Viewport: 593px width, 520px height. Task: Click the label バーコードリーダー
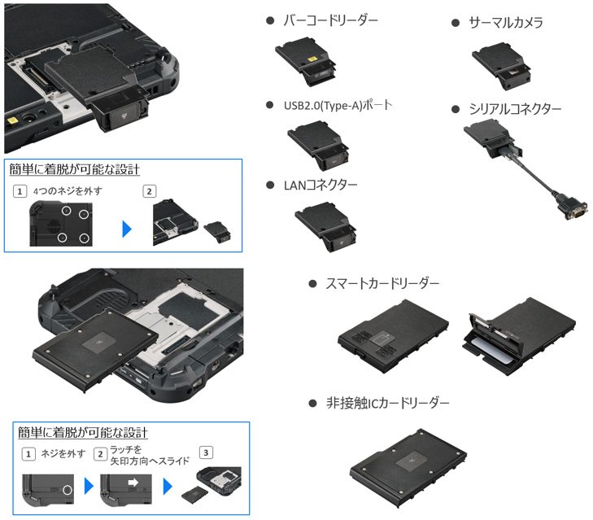click(x=330, y=20)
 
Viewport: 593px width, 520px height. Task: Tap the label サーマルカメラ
click(x=506, y=23)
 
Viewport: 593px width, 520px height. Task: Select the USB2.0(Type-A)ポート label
click(x=338, y=105)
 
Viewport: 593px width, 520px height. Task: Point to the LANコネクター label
click(x=320, y=185)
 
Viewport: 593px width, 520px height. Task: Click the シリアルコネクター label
click(x=515, y=109)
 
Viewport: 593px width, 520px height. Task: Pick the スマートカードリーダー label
click(x=382, y=283)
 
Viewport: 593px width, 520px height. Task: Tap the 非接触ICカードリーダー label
click(x=388, y=403)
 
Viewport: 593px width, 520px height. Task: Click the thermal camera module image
click(x=501, y=66)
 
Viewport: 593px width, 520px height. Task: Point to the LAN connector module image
click(x=325, y=227)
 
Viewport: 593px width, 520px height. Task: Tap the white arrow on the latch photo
click(x=133, y=483)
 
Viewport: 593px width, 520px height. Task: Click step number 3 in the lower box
click(x=206, y=452)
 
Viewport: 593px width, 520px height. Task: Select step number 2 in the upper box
click(x=149, y=191)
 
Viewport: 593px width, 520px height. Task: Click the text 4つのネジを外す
click(x=68, y=191)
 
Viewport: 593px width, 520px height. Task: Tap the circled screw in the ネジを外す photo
click(x=68, y=490)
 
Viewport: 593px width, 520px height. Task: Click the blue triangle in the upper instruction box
click(x=127, y=229)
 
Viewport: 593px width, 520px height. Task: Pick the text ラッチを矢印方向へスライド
click(x=150, y=455)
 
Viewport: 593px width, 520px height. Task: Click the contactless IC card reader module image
click(x=408, y=469)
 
